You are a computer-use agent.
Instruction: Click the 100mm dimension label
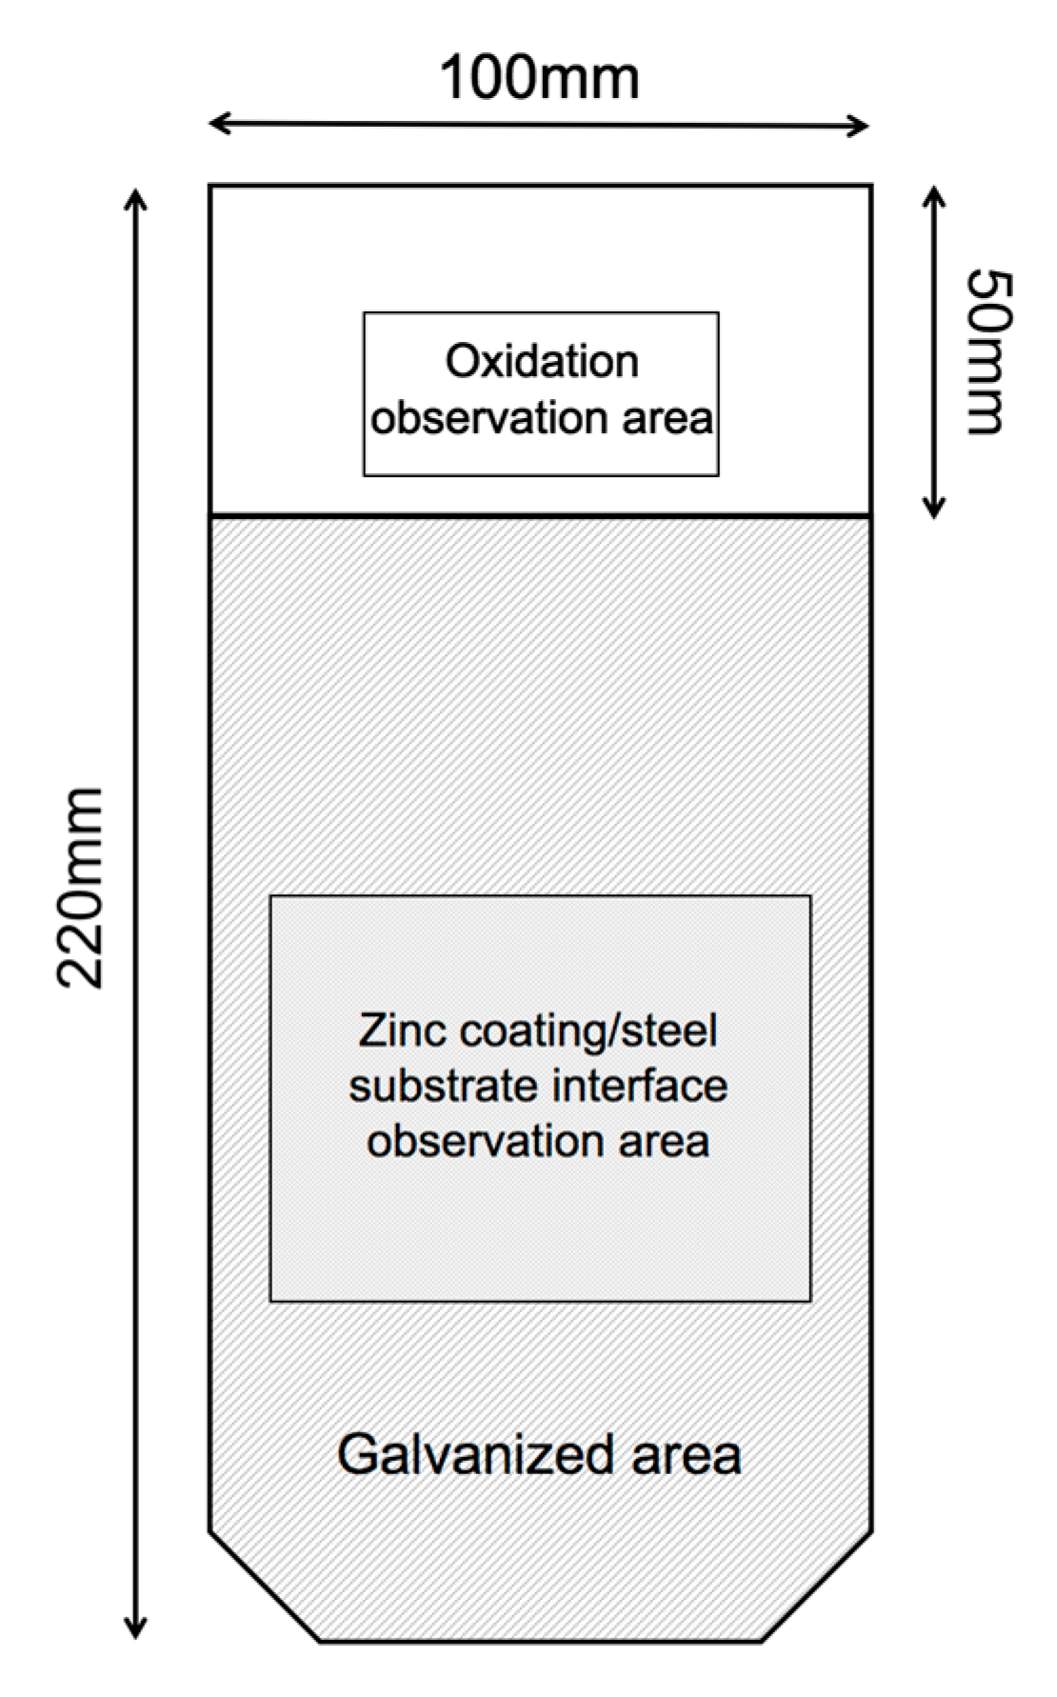tap(539, 78)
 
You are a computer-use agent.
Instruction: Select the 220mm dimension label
tap(80, 887)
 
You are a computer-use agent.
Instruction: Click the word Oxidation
tap(542, 362)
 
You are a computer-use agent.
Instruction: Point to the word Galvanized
tap(473, 1455)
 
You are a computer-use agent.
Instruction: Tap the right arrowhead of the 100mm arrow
tap(861, 125)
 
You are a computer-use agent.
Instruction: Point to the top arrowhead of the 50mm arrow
tap(934, 194)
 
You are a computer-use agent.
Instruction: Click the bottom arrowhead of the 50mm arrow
tap(934, 509)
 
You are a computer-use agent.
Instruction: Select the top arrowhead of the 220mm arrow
tap(136, 198)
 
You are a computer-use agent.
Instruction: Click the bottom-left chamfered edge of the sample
tap(265, 1587)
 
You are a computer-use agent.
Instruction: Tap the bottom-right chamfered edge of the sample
tap(816, 1587)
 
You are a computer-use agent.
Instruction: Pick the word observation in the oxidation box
tap(489, 419)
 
